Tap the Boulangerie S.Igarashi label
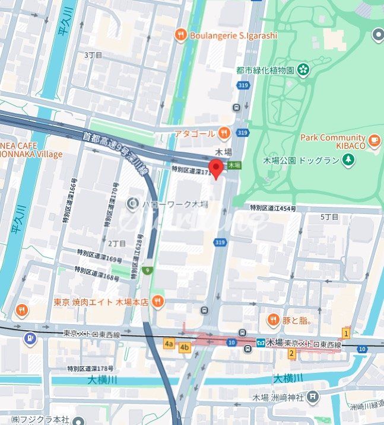click(233, 36)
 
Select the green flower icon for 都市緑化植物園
click(303, 70)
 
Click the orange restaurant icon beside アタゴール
click(224, 133)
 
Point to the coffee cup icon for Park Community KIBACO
click(373, 140)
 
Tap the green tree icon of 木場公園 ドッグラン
click(348, 160)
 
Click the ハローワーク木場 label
click(174, 204)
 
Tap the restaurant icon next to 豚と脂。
click(273, 321)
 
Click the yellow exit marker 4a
click(169, 343)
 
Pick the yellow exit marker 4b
click(185, 347)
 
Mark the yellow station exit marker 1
click(345, 334)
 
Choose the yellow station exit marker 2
click(291, 354)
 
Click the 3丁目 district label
click(93, 55)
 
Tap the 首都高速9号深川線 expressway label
click(114, 152)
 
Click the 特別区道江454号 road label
click(272, 208)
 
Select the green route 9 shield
click(147, 271)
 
